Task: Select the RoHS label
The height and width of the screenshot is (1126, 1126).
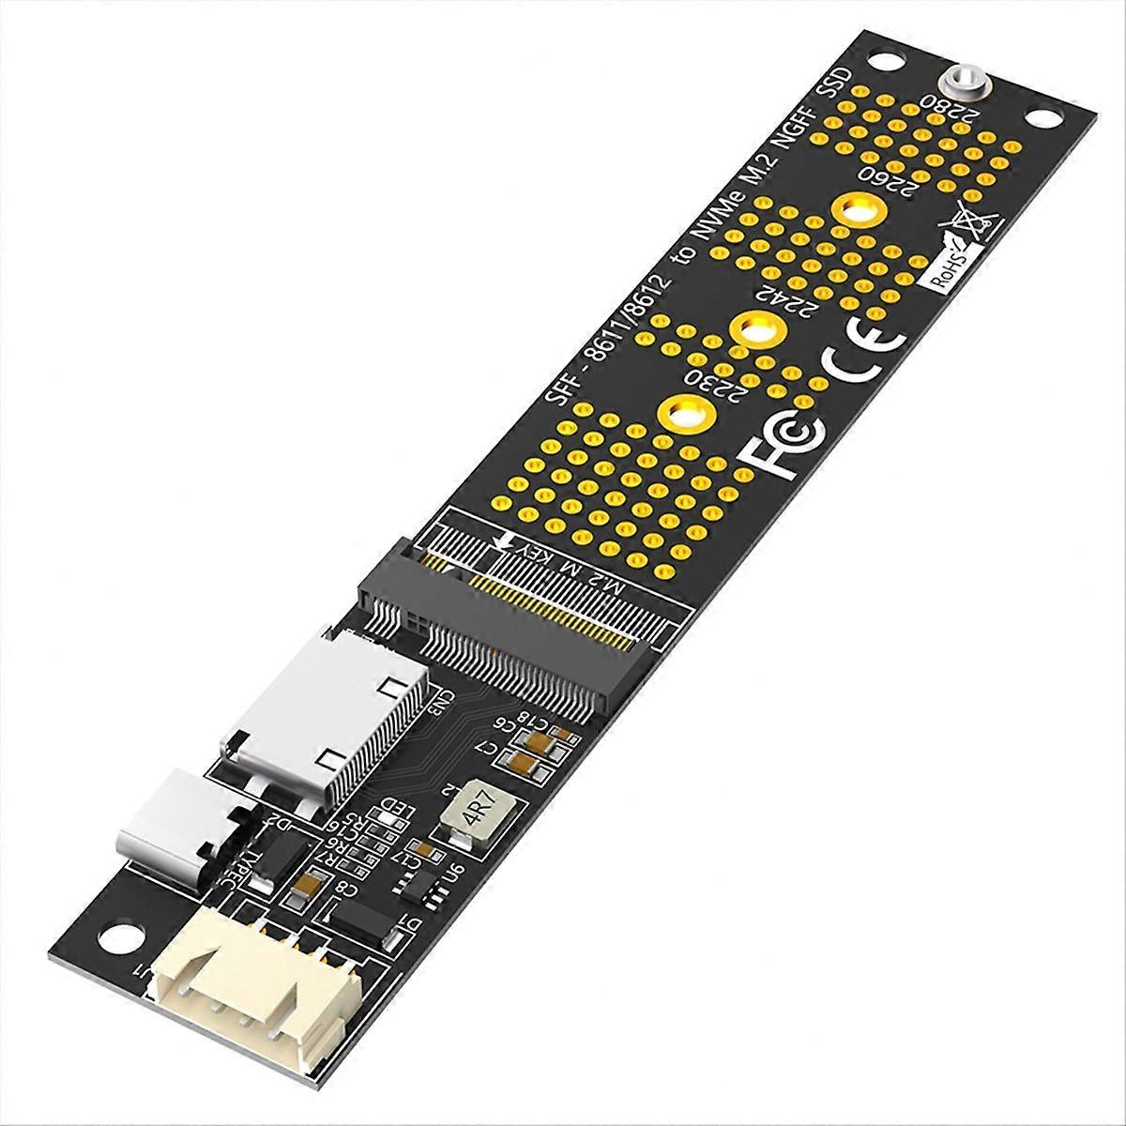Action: pyautogui.click(x=949, y=266)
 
